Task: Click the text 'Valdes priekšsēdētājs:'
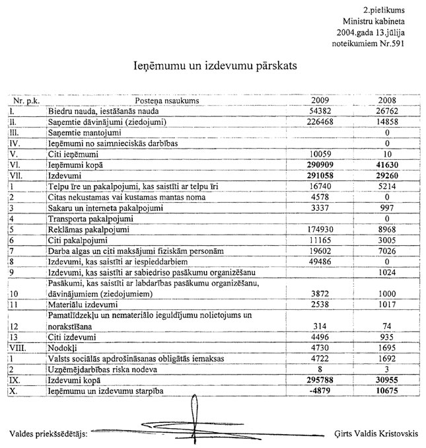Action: click(49, 433)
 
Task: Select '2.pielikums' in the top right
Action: click(384, 11)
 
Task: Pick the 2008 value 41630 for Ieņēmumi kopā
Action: click(386, 164)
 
